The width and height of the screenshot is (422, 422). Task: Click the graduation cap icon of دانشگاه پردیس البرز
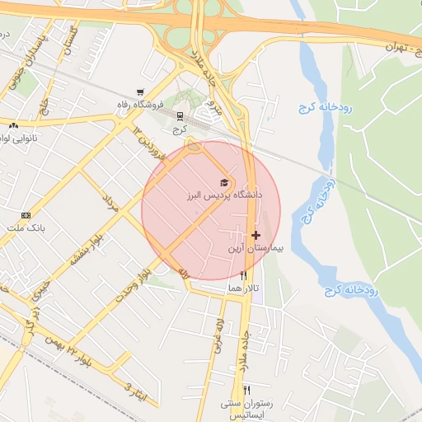(x=223, y=182)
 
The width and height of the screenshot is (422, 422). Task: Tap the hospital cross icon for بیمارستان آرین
(x=256, y=235)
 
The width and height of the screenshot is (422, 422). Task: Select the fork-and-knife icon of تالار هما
(x=243, y=275)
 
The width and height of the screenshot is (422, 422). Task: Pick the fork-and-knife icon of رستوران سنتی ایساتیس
(x=246, y=390)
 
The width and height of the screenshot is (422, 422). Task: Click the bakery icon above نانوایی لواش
(x=13, y=125)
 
